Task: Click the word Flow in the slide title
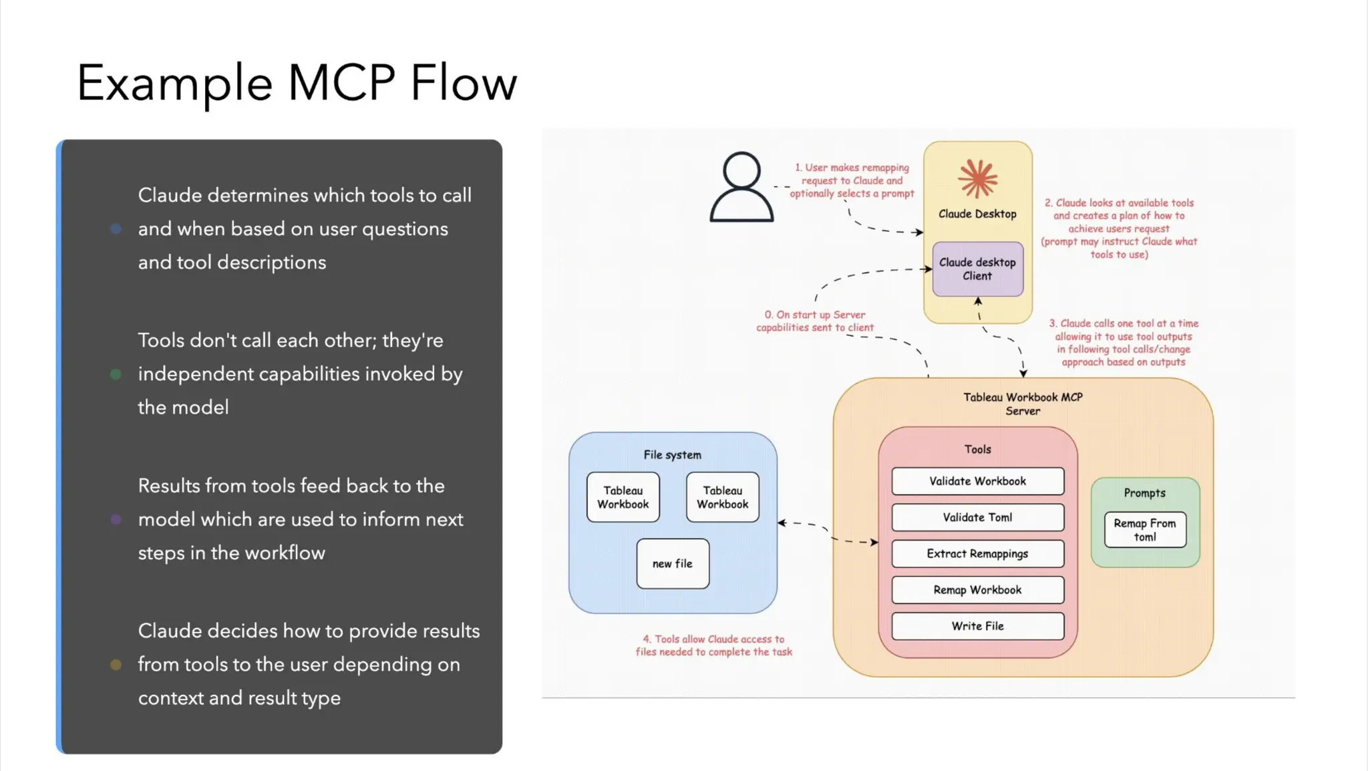[463, 83]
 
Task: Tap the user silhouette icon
[741, 187]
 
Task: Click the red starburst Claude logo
[977, 178]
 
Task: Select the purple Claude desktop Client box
[977, 269]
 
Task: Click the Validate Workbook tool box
[977, 481]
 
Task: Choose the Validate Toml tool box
[977, 517]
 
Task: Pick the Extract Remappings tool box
[977, 553]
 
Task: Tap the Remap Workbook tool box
[977, 590]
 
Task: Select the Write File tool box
[977, 626]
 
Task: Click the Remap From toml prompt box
[1144, 530]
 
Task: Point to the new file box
[673, 564]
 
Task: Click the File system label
[672, 455]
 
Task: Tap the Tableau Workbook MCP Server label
[1023, 404]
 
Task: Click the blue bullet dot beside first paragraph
[116, 229]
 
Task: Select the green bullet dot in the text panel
[116, 374]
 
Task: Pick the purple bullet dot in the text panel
[116, 519]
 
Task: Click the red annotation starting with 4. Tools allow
[713, 645]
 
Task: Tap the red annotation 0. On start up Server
[815, 321]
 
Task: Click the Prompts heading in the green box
[1144, 493]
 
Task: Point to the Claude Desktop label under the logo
[977, 214]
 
